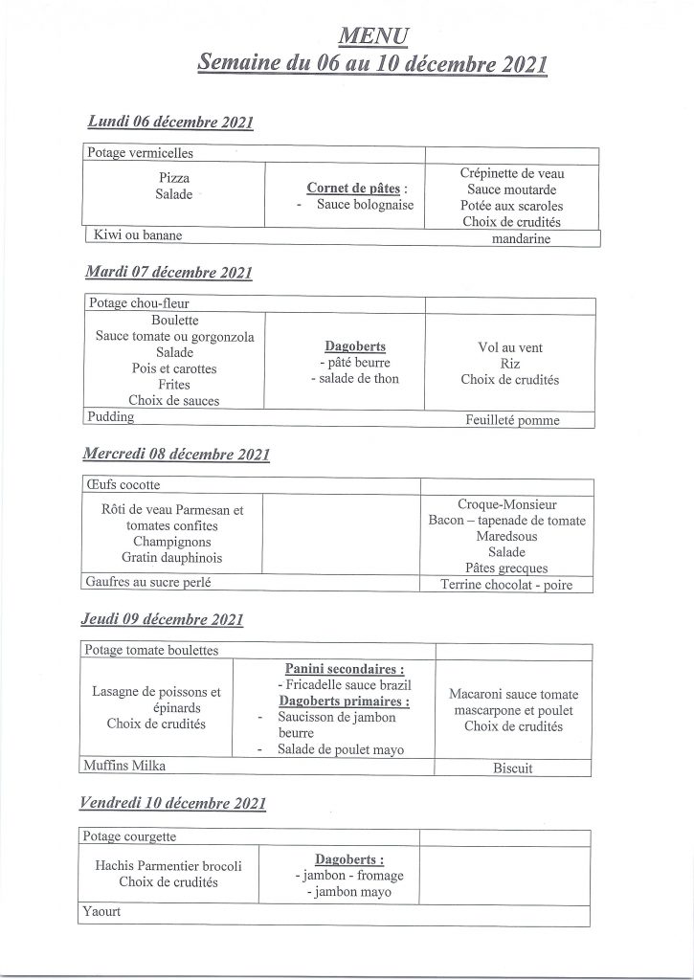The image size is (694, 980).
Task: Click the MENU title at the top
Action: pyautogui.click(x=374, y=36)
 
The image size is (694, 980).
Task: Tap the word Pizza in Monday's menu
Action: pyautogui.click(x=174, y=178)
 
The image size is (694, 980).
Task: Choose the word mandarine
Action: pyautogui.click(x=521, y=239)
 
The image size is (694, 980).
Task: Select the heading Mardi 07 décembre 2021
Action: pyautogui.click(x=168, y=273)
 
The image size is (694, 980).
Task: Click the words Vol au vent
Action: pyautogui.click(x=509, y=347)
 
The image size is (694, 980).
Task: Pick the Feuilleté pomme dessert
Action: pyautogui.click(x=512, y=420)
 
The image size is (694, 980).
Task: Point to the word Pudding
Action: pyautogui.click(x=111, y=417)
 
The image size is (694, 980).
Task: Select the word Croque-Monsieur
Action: pyautogui.click(x=507, y=503)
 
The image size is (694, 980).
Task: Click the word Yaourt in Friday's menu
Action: pyautogui.click(x=103, y=913)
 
